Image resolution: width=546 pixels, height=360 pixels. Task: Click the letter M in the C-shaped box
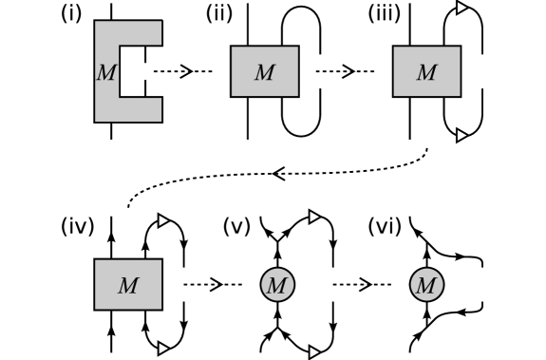click(x=104, y=73)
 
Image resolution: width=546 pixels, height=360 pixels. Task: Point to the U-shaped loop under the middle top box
click(x=301, y=123)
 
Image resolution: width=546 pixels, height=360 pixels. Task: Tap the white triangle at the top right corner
click(x=462, y=8)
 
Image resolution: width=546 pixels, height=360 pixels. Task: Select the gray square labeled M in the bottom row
click(x=127, y=285)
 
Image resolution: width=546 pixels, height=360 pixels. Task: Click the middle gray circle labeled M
click(x=275, y=285)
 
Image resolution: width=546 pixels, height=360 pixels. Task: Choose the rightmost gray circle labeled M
click(x=427, y=285)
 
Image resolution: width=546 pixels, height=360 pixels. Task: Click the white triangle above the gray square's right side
click(x=163, y=220)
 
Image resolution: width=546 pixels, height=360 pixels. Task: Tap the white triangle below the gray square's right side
click(x=163, y=349)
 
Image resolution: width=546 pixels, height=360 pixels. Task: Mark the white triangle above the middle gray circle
click(x=314, y=218)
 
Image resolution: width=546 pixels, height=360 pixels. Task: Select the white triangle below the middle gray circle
click(x=314, y=351)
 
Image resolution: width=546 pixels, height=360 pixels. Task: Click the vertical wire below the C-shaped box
click(x=112, y=131)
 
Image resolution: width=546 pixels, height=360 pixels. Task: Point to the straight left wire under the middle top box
click(x=248, y=119)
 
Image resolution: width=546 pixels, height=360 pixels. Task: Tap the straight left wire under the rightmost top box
click(x=410, y=119)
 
